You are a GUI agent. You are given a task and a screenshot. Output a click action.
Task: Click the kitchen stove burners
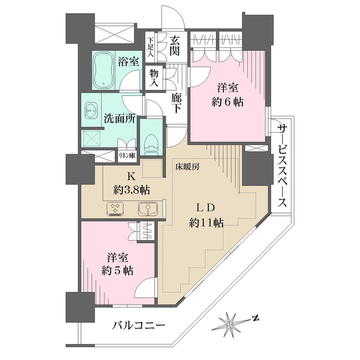coord(115,209)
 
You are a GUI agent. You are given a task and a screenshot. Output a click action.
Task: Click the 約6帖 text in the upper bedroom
coord(229,101)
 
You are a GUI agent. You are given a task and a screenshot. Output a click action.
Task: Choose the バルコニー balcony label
coord(139,326)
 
